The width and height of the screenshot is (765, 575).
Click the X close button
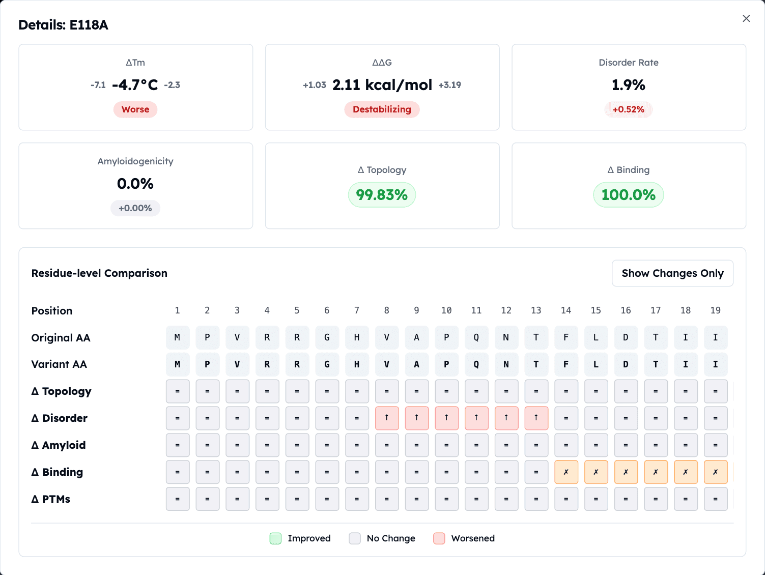746,18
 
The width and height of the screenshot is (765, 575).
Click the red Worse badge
135,109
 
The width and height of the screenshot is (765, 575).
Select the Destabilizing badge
382,109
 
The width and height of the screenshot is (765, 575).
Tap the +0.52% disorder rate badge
628,109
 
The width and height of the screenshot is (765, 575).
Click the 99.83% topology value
382,195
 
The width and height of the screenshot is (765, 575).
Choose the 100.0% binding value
628,195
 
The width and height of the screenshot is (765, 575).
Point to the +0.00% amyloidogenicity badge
135,208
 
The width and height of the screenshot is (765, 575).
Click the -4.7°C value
135,85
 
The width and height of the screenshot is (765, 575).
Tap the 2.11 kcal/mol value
382,85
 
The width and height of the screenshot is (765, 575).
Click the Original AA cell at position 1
178,337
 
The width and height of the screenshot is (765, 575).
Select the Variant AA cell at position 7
357,364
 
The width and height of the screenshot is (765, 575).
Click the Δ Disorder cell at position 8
387,418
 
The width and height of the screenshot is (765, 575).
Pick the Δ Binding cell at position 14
566,472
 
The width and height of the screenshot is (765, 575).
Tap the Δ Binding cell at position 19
716,472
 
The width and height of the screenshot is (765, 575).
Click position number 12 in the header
506,310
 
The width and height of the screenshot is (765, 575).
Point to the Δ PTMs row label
51,499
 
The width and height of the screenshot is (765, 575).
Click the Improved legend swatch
275,538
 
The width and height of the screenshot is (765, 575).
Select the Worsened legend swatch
439,538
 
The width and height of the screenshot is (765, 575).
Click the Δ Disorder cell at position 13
536,418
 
